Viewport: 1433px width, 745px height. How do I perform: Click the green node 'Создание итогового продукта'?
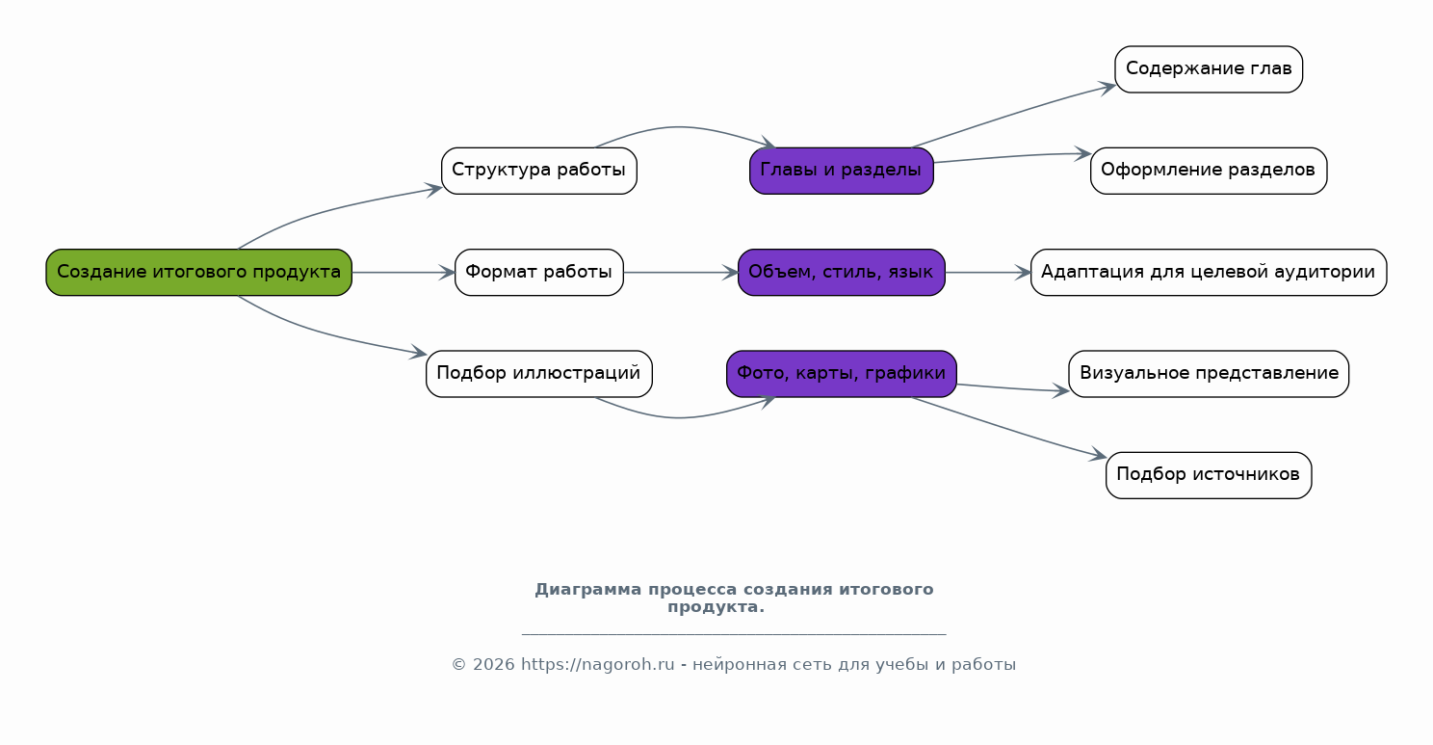click(199, 272)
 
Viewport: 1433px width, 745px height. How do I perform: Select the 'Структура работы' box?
click(538, 171)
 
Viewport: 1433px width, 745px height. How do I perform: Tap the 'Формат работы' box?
click(538, 272)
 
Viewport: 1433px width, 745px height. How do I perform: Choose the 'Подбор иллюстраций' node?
click(538, 374)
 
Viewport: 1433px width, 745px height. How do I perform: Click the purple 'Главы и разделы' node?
click(842, 171)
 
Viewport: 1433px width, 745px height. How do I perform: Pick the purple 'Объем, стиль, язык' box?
click(842, 272)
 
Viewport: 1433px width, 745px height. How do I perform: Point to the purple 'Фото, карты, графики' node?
click(842, 374)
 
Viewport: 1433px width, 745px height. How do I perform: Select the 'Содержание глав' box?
click(1209, 69)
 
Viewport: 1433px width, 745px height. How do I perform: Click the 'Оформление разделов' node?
click(1209, 171)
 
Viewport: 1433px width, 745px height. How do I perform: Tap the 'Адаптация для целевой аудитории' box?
click(1209, 272)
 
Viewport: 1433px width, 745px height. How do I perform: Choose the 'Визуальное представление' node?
click(1209, 374)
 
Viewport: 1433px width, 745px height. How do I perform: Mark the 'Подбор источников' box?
click(1209, 475)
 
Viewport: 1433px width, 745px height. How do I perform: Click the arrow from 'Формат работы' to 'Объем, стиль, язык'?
click(681, 273)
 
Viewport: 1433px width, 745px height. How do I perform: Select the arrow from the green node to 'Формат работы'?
click(404, 273)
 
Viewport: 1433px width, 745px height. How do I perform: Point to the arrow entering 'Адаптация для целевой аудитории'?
click(988, 273)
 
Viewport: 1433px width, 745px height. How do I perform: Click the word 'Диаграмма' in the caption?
click(588, 590)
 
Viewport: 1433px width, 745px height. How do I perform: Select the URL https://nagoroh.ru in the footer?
click(597, 664)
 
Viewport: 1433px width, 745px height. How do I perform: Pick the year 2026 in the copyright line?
click(493, 664)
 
